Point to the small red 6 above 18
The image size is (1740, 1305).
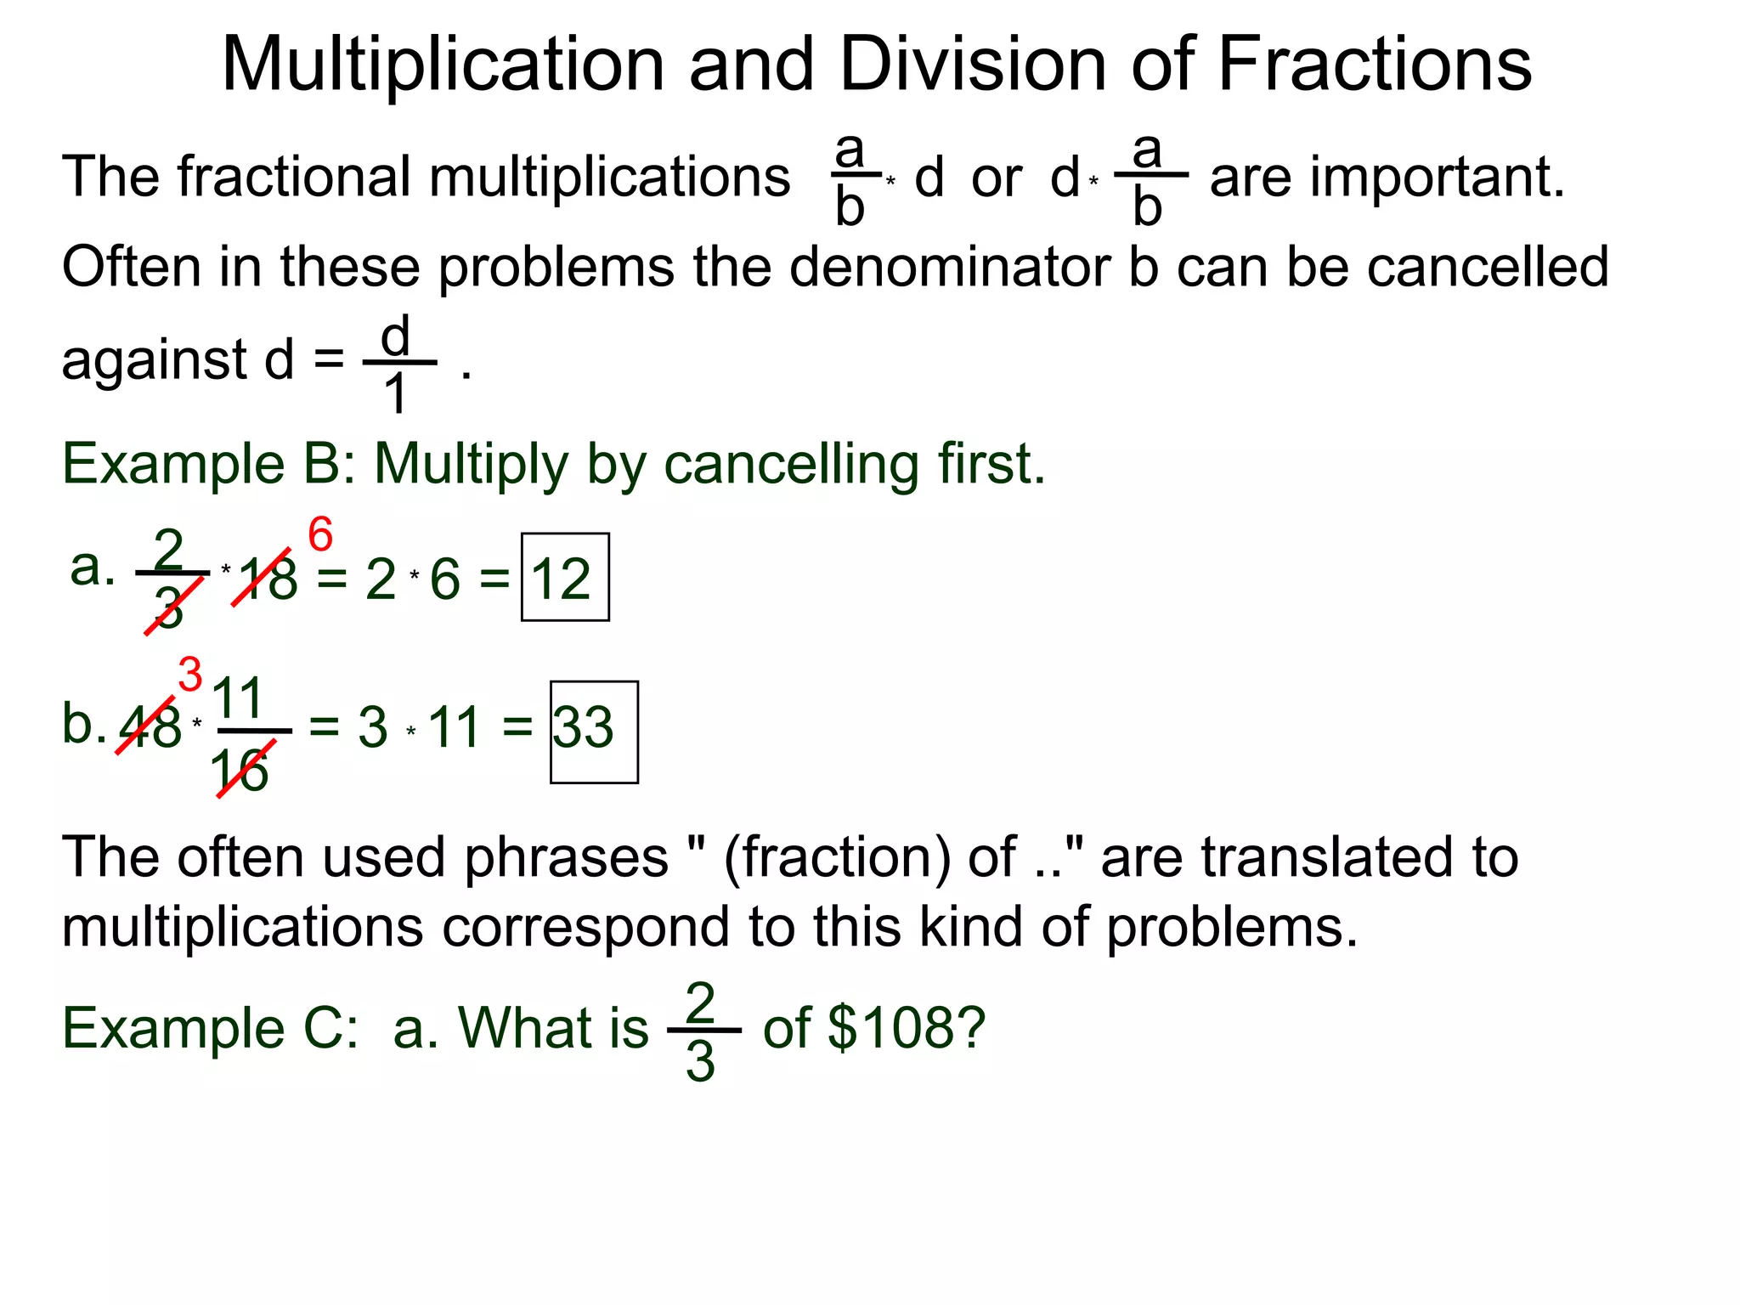tap(320, 534)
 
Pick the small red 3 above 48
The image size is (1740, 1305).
tap(190, 675)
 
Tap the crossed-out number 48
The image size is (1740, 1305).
tap(151, 726)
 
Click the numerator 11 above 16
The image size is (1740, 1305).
tap(238, 698)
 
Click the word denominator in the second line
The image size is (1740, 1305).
tap(950, 267)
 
